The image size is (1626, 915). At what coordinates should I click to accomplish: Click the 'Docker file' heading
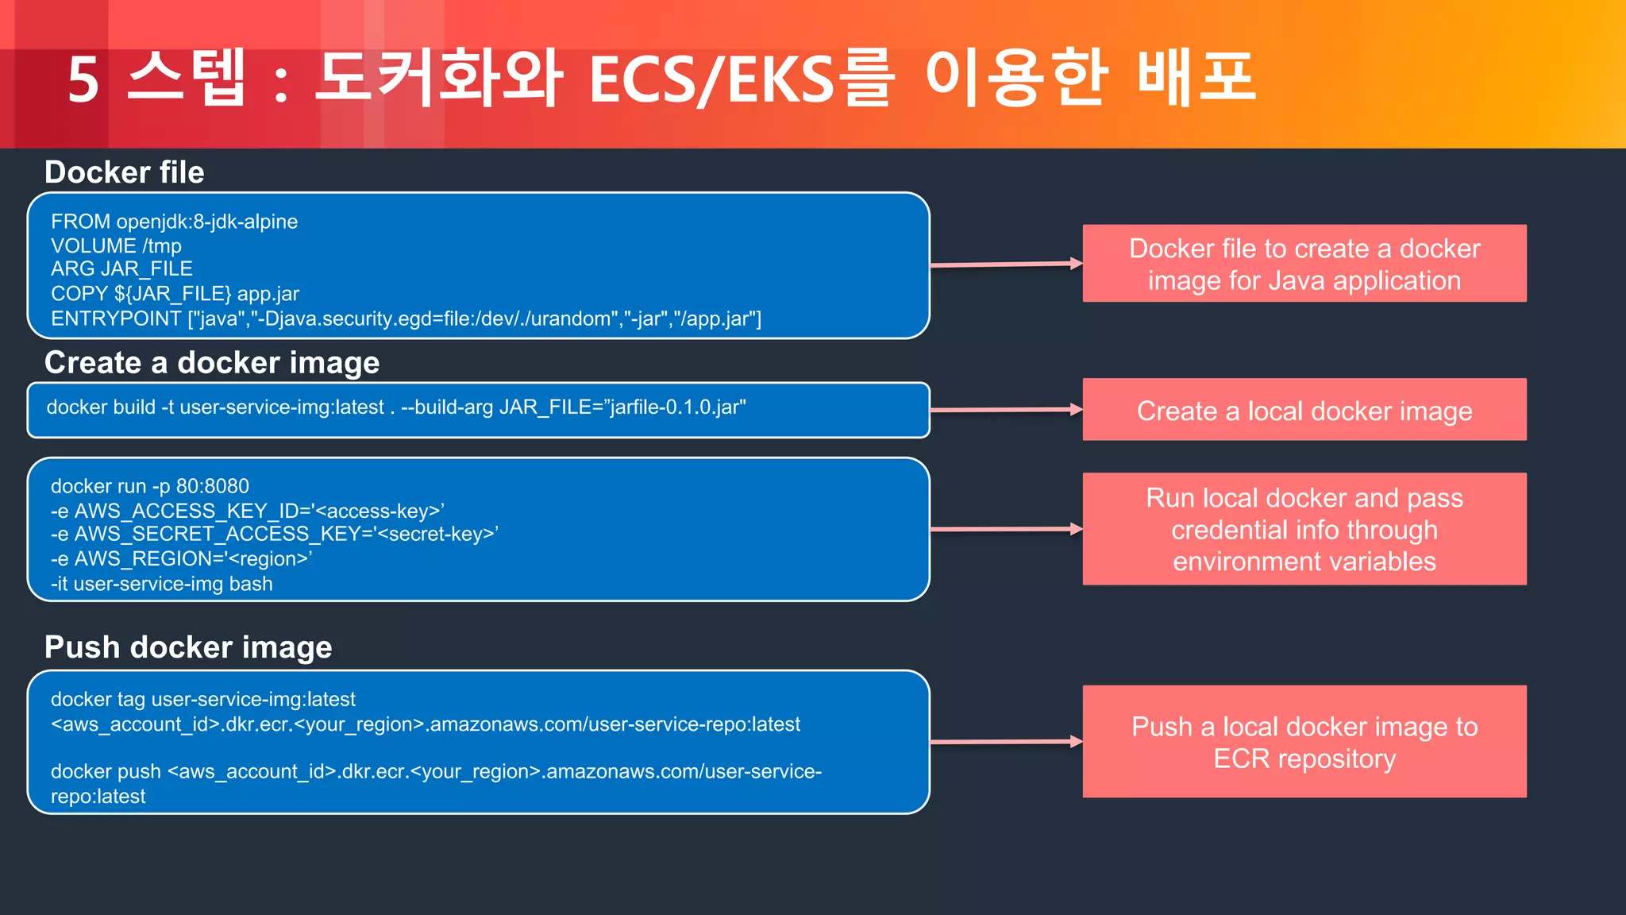point(124,172)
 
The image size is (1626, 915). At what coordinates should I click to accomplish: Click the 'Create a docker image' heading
point(211,363)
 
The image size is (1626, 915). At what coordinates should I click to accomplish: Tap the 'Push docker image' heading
point(188,647)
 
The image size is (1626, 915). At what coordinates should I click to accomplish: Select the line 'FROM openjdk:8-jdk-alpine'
point(174,222)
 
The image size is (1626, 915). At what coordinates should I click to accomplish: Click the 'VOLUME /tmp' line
point(116,246)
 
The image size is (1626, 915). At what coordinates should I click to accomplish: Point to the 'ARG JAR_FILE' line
point(121,269)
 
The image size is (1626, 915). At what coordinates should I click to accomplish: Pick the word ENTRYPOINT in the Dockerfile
point(116,319)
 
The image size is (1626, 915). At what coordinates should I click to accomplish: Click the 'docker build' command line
point(395,407)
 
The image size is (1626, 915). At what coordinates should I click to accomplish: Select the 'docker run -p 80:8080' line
point(149,486)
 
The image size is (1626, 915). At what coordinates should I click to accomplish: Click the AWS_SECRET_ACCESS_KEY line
point(274,535)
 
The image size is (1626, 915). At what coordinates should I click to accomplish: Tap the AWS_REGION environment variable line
point(181,559)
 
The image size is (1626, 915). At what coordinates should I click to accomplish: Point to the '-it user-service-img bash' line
point(161,585)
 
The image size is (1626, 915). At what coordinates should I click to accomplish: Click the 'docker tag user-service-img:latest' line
point(202,700)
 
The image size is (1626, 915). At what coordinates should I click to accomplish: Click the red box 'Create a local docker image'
point(1304,411)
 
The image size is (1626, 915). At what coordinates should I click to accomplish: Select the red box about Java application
point(1304,264)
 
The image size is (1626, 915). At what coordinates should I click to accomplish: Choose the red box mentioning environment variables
point(1304,529)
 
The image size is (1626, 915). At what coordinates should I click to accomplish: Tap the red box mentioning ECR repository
point(1304,742)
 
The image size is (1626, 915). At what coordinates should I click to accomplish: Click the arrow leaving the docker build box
point(1005,410)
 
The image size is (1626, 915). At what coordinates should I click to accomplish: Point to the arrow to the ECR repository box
point(1005,742)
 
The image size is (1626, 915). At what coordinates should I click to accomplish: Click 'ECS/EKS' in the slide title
point(711,79)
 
